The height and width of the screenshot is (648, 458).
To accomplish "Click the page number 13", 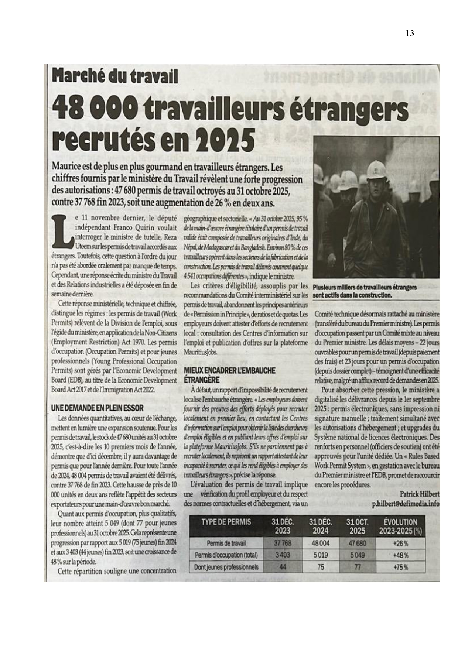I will click(x=410, y=34).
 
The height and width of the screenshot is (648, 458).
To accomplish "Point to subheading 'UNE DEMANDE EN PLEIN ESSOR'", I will click(x=97, y=408).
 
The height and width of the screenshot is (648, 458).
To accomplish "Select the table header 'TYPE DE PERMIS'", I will click(x=226, y=522).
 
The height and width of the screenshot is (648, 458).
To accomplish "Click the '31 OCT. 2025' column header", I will click(x=357, y=527).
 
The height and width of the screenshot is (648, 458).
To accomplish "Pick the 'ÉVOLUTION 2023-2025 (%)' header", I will click(x=400, y=527).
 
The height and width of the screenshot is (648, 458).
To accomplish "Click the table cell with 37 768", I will click(x=283, y=543).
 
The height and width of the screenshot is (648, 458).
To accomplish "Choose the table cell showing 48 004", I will click(x=320, y=543).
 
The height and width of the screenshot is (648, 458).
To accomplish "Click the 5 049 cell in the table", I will click(x=357, y=555).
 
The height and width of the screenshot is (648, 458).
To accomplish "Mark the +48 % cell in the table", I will click(x=400, y=555).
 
